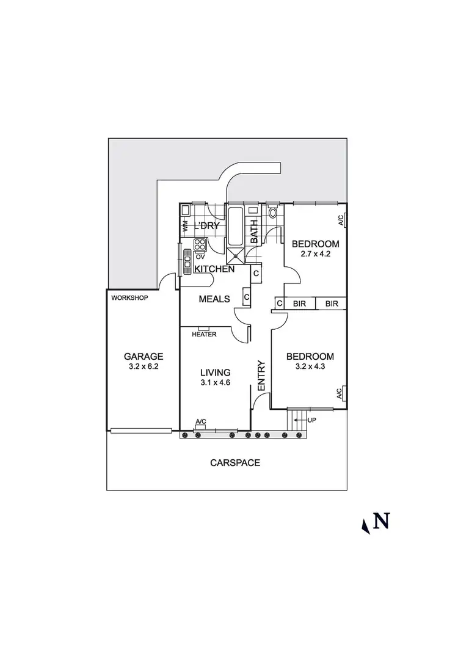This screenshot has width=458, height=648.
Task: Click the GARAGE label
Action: click(x=144, y=356)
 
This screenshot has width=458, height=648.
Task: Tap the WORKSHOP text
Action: click(x=130, y=298)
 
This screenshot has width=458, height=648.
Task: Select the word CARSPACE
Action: click(x=235, y=462)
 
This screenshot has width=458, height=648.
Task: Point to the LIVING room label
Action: click(x=216, y=372)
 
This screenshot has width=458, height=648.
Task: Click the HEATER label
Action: click(x=203, y=335)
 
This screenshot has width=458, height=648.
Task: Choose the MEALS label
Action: click(x=215, y=299)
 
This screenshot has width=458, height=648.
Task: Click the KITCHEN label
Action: click(x=214, y=269)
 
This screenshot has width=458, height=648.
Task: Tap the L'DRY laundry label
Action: click(x=206, y=227)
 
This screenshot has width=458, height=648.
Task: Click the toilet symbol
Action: click(x=273, y=213)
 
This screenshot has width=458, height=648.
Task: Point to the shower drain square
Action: click(x=235, y=256)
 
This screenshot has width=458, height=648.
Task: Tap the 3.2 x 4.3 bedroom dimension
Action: click(x=311, y=367)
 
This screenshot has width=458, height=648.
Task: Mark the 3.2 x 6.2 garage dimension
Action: click(x=144, y=367)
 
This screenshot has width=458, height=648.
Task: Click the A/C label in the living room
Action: click(x=200, y=421)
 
